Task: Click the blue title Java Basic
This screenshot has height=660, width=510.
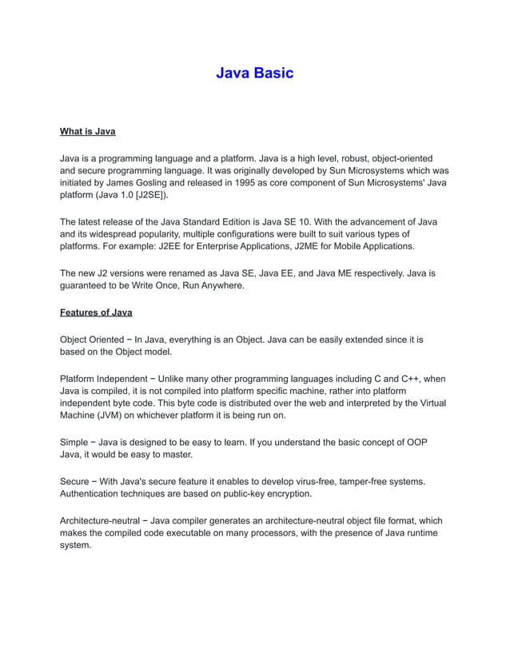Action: [254, 74]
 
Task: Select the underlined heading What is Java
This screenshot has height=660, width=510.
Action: [88, 131]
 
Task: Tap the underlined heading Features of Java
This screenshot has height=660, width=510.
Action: [96, 312]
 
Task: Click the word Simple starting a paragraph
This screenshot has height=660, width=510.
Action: [74, 442]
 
